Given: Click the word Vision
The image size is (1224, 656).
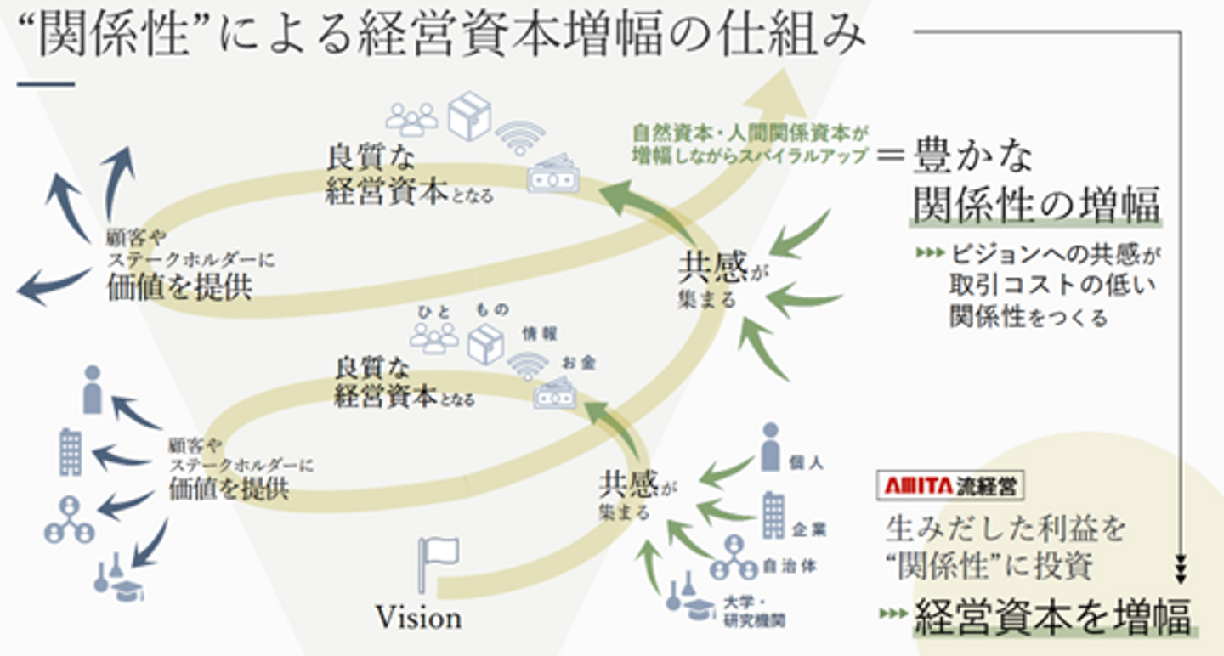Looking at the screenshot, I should pos(419,618).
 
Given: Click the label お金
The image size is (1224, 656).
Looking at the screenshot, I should pos(578,364).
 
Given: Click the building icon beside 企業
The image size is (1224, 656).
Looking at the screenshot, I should pos(773,513).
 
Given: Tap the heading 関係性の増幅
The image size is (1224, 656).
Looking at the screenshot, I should pos(1036,205).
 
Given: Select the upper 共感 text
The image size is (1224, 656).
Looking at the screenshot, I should pos(712,267).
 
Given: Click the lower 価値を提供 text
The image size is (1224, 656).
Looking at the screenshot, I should pos(228,489).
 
